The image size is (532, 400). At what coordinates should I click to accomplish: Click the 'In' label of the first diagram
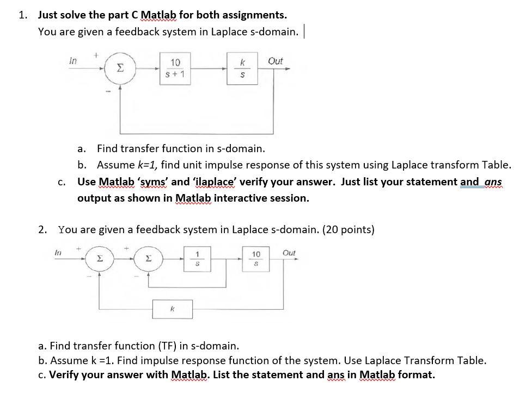tap(73, 61)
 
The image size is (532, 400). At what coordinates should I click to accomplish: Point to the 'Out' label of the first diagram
tap(276, 61)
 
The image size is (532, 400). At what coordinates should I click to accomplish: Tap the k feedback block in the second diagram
tap(172, 308)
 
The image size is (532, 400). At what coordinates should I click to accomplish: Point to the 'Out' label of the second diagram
tap(289, 253)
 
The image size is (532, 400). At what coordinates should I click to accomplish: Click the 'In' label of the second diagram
tap(58, 252)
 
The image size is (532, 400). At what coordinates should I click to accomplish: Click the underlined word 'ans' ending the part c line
tap(493, 182)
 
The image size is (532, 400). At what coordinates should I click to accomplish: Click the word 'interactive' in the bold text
tap(242, 198)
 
